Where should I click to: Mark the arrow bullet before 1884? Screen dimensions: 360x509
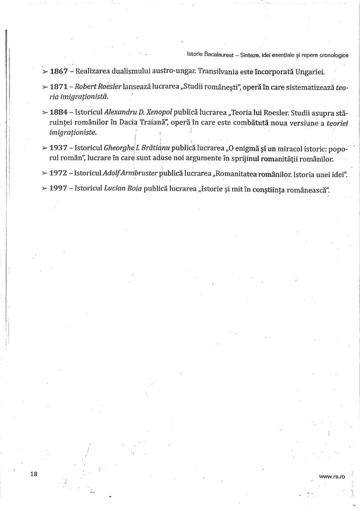[45, 113]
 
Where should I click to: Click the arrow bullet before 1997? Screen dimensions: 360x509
[45, 189]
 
